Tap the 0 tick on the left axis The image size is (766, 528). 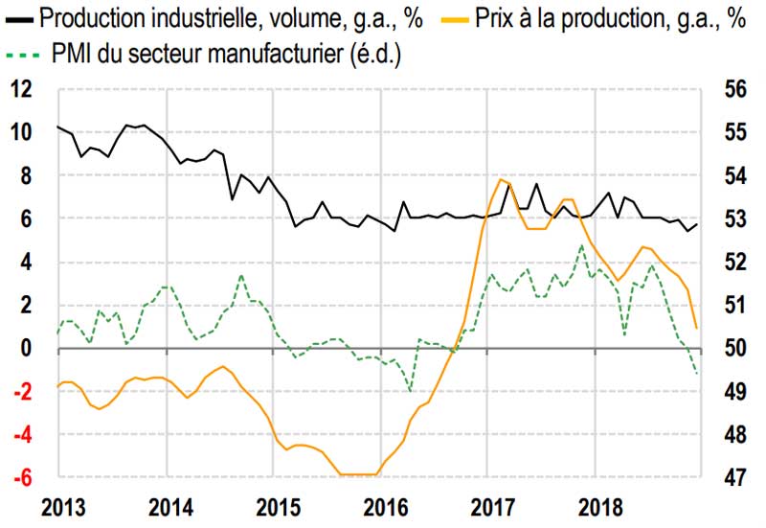[x=26, y=348]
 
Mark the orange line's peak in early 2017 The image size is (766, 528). [x=502, y=179]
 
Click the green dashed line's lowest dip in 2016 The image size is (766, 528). [x=411, y=391]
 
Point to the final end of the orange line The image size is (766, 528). [x=696, y=329]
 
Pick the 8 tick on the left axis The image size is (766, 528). [x=26, y=175]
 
